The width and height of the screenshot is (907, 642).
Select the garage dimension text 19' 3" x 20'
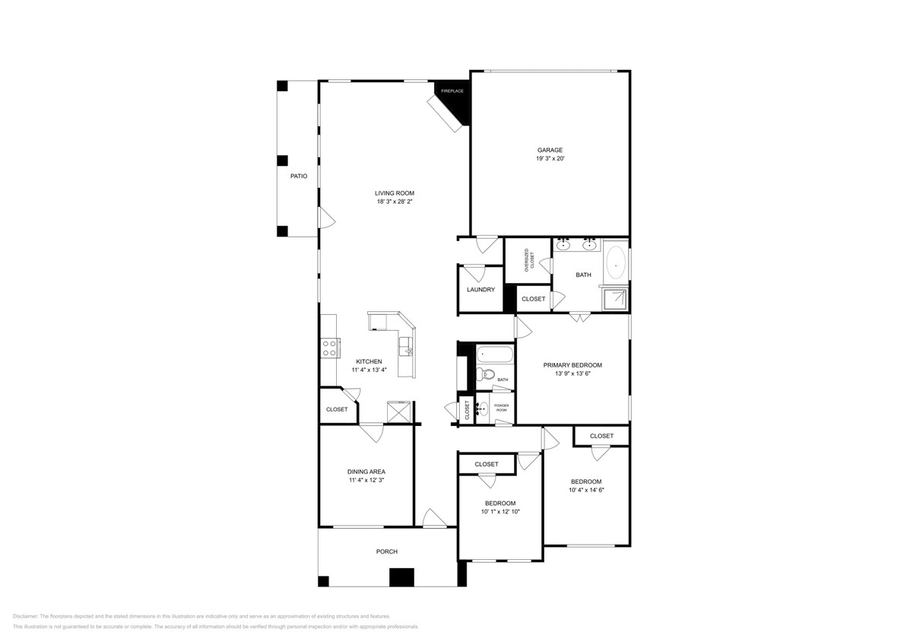coord(550,159)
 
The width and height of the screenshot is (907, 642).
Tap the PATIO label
coord(299,176)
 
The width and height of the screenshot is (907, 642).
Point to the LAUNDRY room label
coord(480,290)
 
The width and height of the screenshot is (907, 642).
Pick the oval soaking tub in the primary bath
coord(616,262)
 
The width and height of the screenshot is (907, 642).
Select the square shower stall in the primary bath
coord(616,299)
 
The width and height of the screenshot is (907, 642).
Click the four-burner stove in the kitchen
coord(330,348)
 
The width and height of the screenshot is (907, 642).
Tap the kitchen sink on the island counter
coord(408,346)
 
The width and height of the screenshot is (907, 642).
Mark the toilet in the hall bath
coord(486,374)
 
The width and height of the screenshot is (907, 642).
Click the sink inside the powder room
coord(481,408)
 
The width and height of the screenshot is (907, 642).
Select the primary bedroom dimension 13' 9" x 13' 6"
coord(572,373)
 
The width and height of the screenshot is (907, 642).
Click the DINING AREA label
coord(366,472)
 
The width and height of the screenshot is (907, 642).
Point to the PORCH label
coord(387,551)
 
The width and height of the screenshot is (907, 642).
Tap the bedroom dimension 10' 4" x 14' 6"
coord(586,490)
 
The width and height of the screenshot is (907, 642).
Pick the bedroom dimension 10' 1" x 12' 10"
coord(499,512)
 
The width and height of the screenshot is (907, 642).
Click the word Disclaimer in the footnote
coord(26,616)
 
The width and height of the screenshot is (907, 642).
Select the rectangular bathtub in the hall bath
coord(495,354)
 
